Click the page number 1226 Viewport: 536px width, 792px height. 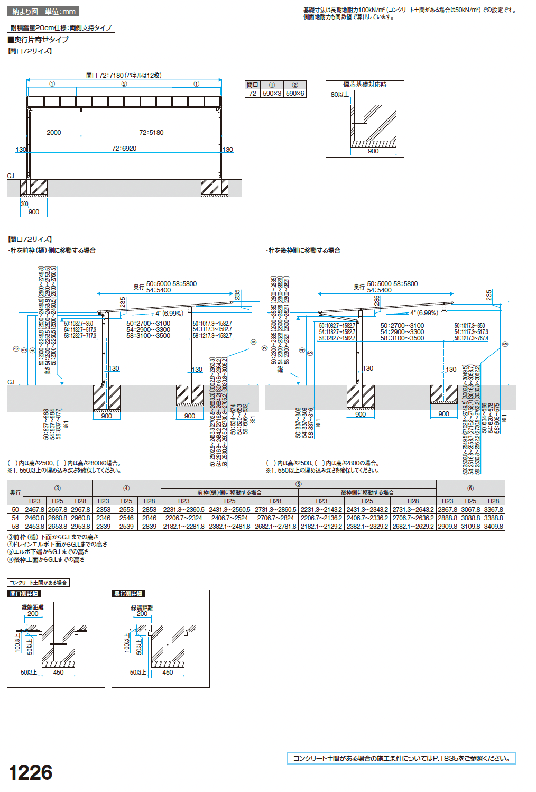(x=31, y=772)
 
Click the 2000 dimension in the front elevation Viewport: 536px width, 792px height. (x=54, y=133)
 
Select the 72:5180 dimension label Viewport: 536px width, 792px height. (x=151, y=133)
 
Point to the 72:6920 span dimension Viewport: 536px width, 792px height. (x=124, y=149)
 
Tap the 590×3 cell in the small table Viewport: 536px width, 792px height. (x=272, y=94)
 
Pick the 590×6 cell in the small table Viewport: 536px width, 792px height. (x=295, y=94)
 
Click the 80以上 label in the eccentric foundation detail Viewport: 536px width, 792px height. (x=340, y=95)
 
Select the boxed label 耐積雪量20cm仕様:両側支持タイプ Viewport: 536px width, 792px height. (x=61, y=28)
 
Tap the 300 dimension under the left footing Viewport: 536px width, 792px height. (x=24, y=204)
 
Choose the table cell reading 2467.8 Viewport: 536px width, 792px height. (x=35, y=510)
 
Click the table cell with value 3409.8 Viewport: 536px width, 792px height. (x=493, y=527)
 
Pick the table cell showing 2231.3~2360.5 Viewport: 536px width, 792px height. (x=183, y=510)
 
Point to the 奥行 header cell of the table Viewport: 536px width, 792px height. (x=15, y=493)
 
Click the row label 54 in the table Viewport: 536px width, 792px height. (x=15, y=518)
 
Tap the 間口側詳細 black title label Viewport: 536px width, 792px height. (x=24, y=594)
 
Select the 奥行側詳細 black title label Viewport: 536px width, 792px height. (x=128, y=594)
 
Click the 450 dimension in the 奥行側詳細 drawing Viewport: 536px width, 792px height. (x=168, y=673)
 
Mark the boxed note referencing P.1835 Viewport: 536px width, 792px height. (x=401, y=758)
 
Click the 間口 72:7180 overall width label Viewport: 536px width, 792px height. (x=124, y=76)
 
